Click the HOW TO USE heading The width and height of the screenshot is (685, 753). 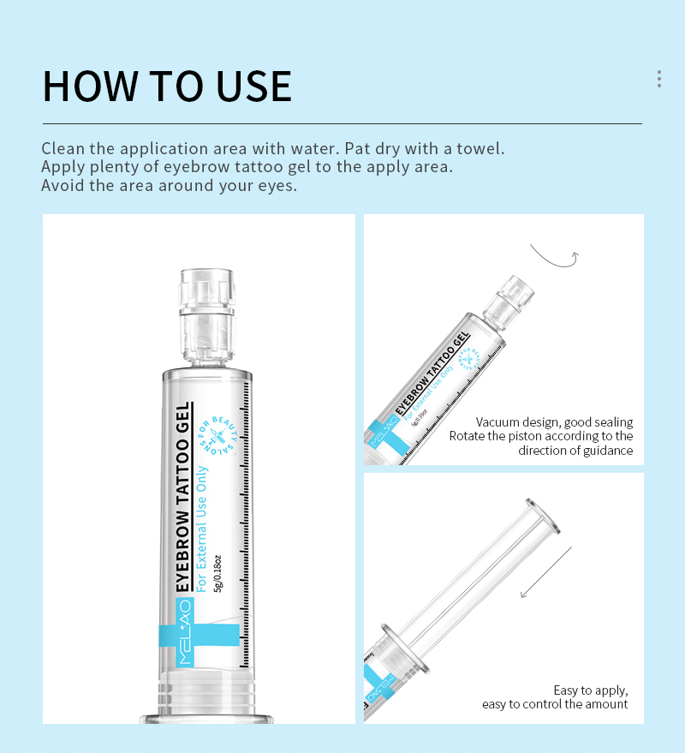click(x=167, y=86)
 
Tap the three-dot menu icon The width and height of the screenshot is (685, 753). click(x=658, y=79)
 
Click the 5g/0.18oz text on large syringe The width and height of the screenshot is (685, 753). click(x=218, y=571)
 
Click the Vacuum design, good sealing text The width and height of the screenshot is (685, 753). click(x=554, y=421)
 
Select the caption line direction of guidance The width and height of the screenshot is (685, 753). click(x=575, y=451)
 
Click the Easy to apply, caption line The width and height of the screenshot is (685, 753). click(x=591, y=690)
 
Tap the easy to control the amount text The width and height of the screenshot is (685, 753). click(x=555, y=704)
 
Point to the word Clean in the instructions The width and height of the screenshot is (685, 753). click(x=63, y=148)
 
